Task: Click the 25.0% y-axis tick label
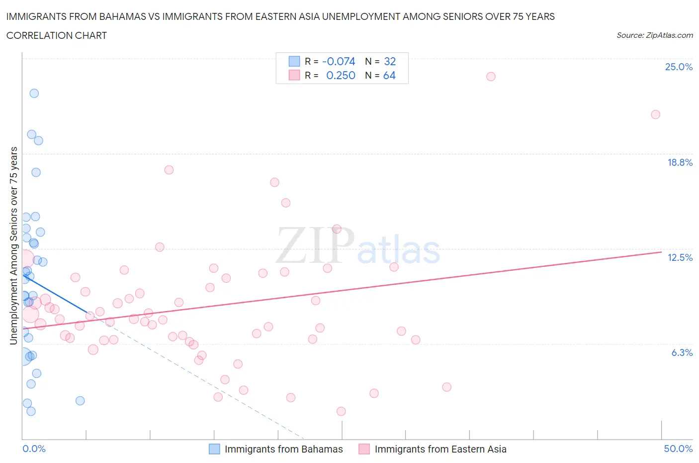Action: [x=679, y=67]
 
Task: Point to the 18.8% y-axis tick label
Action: [x=680, y=162]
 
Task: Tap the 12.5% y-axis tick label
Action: [x=680, y=257]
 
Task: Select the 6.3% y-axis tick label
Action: [x=682, y=352]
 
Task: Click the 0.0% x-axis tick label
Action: [x=34, y=449]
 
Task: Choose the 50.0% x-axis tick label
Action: [x=678, y=449]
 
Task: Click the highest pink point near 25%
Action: [x=491, y=76]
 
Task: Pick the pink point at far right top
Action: [x=655, y=115]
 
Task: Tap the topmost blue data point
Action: [x=34, y=93]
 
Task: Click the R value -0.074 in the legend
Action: [x=339, y=61]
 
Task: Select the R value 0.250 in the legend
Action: [x=341, y=75]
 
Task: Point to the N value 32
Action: [x=390, y=61]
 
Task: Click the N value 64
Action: [x=389, y=75]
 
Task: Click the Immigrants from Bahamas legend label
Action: [x=283, y=449]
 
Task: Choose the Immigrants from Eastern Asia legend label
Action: [x=440, y=449]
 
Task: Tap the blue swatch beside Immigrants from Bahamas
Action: [x=214, y=449]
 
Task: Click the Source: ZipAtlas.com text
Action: [x=654, y=35]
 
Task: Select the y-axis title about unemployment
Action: [x=13, y=245]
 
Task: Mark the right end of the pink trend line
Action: [x=661, y=252]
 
